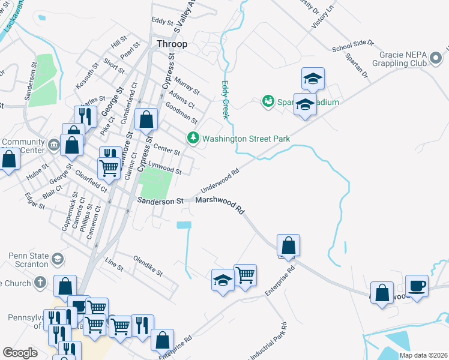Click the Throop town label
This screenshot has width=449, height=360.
(x=172, y=44)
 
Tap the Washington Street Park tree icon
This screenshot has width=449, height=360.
(x=193, y=139)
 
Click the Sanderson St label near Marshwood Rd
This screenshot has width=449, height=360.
(x=160, y=202)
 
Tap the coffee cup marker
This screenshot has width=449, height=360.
(x=417, y=286)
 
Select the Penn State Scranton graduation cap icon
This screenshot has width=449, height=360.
(x=58, y=259)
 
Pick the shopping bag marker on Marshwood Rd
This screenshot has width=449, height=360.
(x=289, y=245)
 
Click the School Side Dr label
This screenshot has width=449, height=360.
(x=352, y=46)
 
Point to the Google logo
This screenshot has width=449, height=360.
(x=20, y=353)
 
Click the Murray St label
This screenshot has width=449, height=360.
(x=187, y=85)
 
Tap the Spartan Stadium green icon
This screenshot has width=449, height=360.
(x=268, y=101)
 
